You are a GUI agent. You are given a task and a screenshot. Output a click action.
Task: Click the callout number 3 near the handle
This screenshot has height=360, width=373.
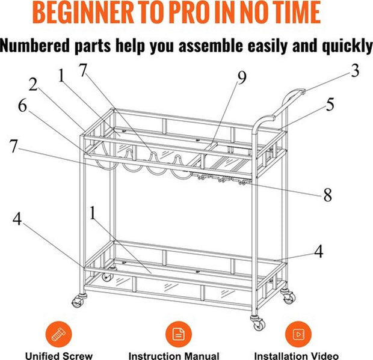355,70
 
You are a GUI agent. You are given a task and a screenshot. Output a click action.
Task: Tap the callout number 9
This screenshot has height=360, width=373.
242,78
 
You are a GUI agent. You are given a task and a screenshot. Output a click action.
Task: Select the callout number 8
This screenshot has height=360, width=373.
327,195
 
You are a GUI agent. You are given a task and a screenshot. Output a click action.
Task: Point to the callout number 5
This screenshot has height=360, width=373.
330,104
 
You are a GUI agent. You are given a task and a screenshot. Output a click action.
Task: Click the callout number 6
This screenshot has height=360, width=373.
23,106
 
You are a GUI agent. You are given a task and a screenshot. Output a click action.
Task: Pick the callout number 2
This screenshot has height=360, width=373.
33,84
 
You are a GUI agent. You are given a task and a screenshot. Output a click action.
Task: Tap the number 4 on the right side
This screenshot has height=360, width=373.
319,251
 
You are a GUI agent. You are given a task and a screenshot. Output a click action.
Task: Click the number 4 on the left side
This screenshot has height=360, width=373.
17,219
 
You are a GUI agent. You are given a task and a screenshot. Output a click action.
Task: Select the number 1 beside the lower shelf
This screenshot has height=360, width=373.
93,213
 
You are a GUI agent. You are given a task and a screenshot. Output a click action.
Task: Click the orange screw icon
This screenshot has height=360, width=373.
58,334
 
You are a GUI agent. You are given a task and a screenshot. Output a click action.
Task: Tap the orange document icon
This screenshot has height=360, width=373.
179,334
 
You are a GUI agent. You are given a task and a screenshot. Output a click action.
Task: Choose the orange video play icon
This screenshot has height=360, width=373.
298,334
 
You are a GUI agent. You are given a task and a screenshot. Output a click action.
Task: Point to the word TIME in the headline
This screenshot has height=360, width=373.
294,13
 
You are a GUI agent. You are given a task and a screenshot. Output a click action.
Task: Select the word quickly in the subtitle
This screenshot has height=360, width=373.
347,46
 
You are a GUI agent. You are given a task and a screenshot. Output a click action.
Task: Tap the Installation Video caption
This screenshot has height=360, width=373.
297,356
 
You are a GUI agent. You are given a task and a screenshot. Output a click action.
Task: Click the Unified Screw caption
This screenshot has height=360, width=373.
59,356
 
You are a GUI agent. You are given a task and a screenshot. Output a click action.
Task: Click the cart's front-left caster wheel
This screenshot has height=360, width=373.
78,301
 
